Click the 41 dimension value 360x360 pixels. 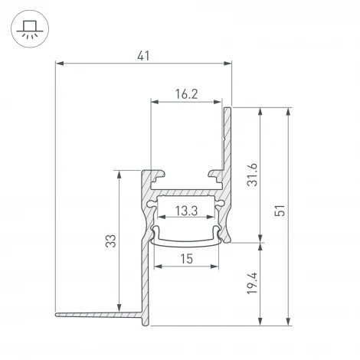[143, 55]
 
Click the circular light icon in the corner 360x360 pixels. [28, 28]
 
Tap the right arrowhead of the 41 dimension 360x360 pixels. [227, 64]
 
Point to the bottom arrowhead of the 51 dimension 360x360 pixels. [288, 322]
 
